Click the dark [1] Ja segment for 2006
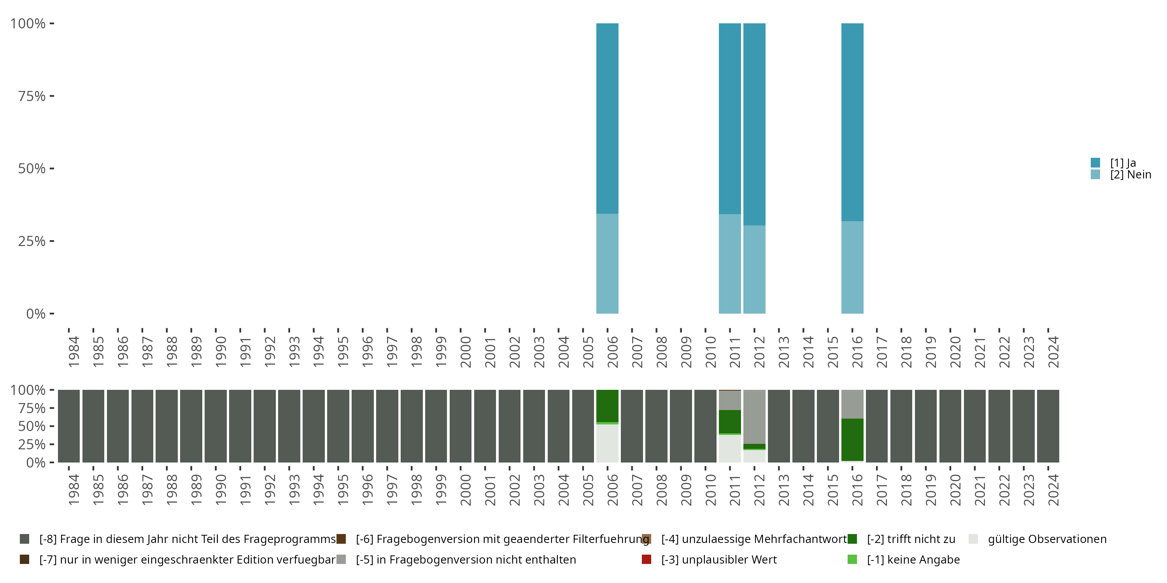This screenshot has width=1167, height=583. [x=607, y=118]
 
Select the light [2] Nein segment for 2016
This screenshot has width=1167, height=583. [x=852, y=267]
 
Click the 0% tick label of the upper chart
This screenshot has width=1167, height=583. [x=36, y=314]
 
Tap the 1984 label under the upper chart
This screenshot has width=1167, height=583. [x=74, y=352]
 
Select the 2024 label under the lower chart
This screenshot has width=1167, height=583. [x=1053, y=490]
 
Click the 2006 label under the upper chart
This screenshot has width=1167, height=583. [x=613, y=352]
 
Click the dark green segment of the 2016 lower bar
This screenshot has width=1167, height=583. [x=852, y=440]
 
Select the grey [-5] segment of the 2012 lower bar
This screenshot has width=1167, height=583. [x=754, y=416]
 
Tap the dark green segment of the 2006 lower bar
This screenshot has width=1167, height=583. [x=607, y=405]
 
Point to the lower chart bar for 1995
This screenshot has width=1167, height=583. [x=338, y=426]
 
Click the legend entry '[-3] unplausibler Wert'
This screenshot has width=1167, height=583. [x=718, y=559]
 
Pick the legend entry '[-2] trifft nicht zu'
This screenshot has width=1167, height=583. [x=911, y=539]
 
